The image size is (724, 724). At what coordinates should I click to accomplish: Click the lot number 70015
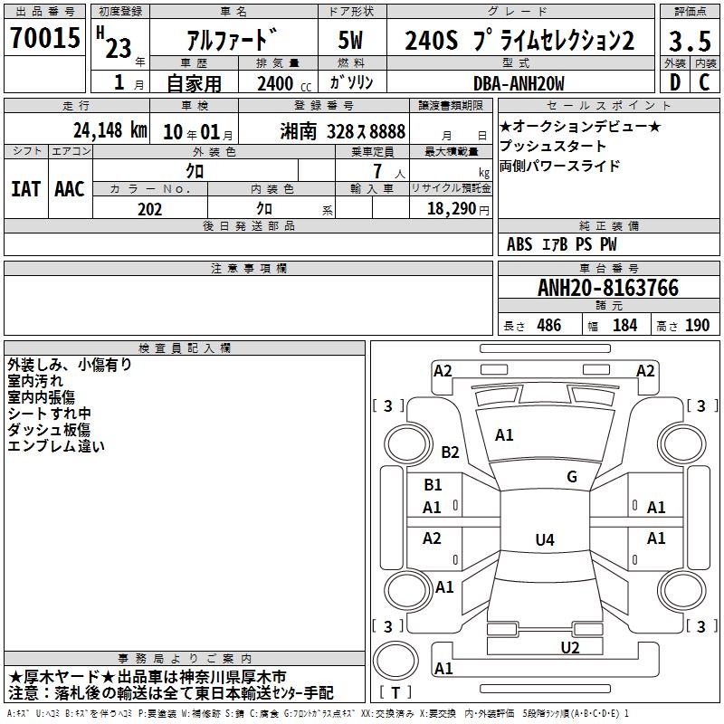tap(44, 37)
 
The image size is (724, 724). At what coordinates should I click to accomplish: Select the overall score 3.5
tap(690, 41)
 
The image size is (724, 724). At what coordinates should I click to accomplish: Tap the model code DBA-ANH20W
tap(519, 83)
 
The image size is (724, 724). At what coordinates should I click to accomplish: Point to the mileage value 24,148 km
tap(110, 130)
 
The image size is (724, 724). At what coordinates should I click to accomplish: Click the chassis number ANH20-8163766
tap(608, 288)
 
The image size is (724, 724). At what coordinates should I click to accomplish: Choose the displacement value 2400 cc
tap(284, 83)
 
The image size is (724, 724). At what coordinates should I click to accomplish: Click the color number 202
tap(149, 209)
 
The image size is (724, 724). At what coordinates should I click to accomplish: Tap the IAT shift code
tap(25, 189)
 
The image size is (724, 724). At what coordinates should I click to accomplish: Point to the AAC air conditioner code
tap(70, 189)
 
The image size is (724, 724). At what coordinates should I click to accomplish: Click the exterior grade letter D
tap(675, 82)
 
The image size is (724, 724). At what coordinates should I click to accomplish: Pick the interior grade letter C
tap(704, 82)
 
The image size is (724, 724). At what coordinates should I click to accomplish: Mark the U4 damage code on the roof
tap(545, 539)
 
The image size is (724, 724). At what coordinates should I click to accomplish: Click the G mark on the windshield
tap(572, 476)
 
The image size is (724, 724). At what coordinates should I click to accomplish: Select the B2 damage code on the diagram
tap(450, 452)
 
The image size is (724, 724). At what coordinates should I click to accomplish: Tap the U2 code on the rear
tap(570, 648)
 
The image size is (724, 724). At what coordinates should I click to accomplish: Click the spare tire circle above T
tap(395, 660)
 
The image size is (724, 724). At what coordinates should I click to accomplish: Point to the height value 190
tap(697, 325)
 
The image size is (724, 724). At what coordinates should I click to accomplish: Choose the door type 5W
tap(350, 40)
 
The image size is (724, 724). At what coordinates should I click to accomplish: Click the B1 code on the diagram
tap(433, 485)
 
